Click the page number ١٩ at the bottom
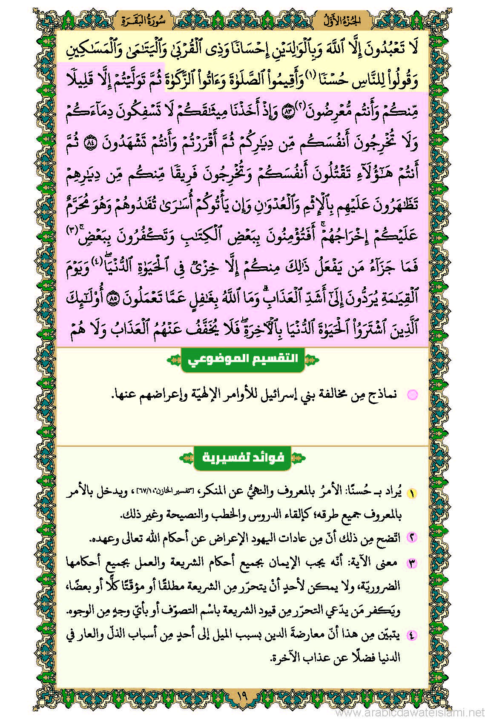tap(242, 698)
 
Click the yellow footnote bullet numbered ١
tap(412, 494)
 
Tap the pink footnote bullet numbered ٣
tap(412, 563)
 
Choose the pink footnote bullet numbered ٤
tap(412, 635)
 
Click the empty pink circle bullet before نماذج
tap(412, 395)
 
